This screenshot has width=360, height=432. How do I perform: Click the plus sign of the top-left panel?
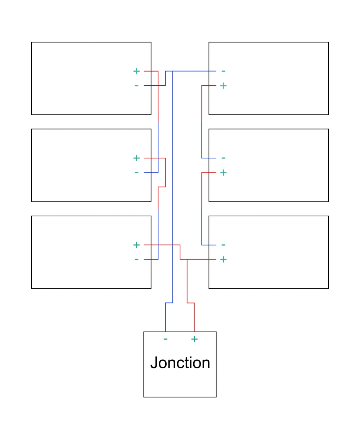[x=136, y=71]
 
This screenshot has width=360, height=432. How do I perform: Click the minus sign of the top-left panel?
[x=136, y=86]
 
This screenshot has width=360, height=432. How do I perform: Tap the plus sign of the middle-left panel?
[x=136, y=158]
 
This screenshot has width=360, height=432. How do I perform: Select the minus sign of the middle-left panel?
[x=136, y=172]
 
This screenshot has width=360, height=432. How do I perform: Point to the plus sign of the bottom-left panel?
[x=136, y=245]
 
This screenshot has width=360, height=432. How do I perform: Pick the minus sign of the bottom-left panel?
[x=136, y=259]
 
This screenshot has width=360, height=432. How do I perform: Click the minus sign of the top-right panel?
[x=223, y=71]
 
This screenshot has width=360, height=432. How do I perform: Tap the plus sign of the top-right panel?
[x=223, y=86]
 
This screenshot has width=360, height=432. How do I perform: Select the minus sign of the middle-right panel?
[x=223, y=158]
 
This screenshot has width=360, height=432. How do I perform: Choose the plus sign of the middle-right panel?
[x=223, y=172]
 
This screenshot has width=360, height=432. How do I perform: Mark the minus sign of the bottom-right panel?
[x=223, y=245]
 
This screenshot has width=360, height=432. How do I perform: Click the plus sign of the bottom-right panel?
[x=223, y=259]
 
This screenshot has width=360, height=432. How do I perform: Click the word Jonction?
[x=180, y=362]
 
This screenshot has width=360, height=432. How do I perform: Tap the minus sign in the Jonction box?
[x=165, y=339]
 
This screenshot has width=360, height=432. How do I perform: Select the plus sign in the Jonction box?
[x=194, y=339]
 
